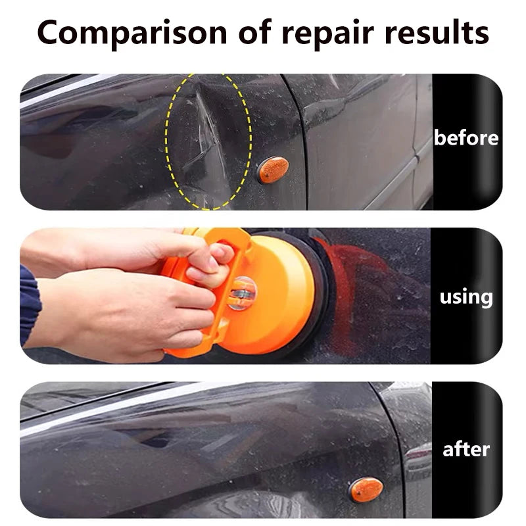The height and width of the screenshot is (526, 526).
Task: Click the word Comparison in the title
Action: tap(132, 33)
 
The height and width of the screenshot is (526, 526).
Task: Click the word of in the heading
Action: tap(254, 32)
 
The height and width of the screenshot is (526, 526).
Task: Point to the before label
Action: tap(466, 137)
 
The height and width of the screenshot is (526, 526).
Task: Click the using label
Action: tap(466, 298)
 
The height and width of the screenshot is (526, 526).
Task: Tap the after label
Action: tap(466, 450)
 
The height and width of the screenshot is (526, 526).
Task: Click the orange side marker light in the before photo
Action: tap(273, 170)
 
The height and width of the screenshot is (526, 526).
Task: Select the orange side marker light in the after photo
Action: tap(366, 489)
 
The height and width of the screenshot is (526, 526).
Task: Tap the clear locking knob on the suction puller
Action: tap(241, 293)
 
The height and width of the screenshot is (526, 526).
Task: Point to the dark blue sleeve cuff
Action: tap(30, 304)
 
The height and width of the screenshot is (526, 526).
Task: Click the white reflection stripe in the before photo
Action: tap(67, 91)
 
